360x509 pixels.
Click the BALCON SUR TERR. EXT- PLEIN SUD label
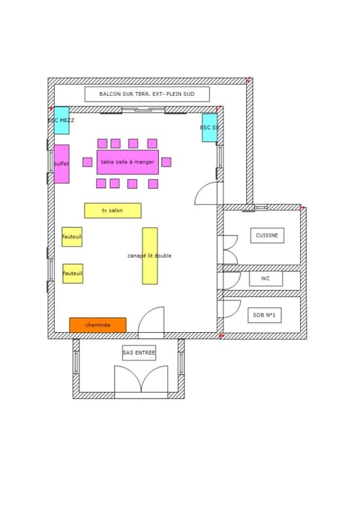click(147, 94)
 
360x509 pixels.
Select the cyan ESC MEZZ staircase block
click(61, 121)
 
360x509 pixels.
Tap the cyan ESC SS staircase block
click(209, 127)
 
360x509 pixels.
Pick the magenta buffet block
click(61, 163)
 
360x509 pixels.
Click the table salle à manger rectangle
click(127, 162)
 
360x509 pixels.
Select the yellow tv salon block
click(112, 211)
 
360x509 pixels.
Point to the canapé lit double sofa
click(150, 256)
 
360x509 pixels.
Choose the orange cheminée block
click(97, 325)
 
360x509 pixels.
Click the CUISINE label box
click(267, 235)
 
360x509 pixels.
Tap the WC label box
click(265, 279)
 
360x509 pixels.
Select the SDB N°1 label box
click(264, 316)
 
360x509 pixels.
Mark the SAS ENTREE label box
click(139, 352)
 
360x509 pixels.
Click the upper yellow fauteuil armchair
click(72, 237)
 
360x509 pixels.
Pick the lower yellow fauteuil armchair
click(73, 274)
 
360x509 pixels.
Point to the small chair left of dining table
click(88, 162)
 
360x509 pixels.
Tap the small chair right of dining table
click(166, 162)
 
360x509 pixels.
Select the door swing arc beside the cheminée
click(151, 321)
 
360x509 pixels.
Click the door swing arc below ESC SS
click(207, 192)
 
